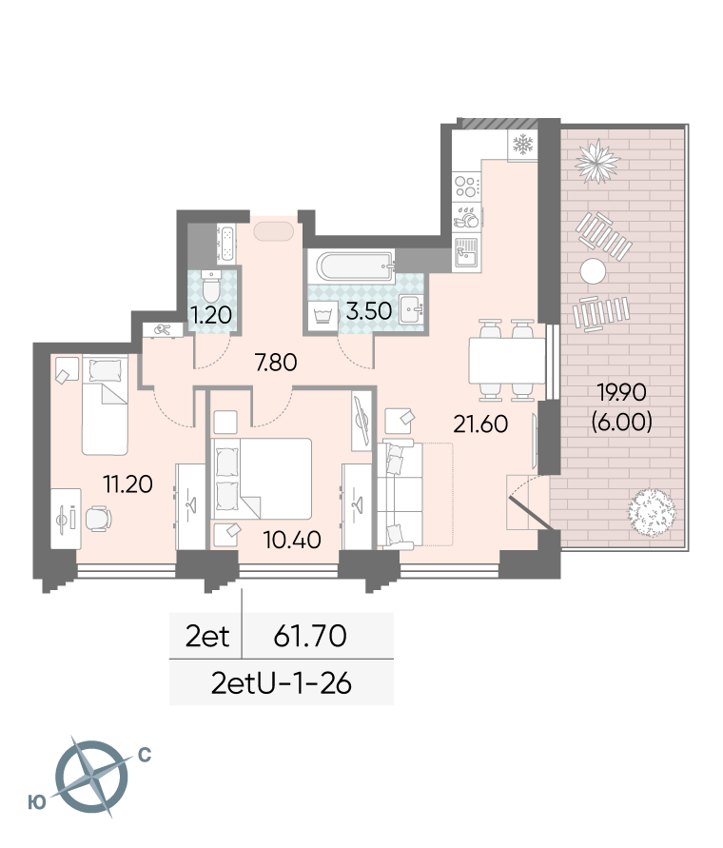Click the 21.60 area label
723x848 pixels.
[x=480, y=424]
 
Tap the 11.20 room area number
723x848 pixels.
[x=127, y=484]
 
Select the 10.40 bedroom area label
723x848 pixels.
[x=292, y=540]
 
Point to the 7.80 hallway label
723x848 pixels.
[x=276, y=363]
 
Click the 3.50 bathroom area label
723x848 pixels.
[x=369, y=311]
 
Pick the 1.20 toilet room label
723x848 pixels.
[x=211, y=314]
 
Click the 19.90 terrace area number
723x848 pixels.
[x=621, y=392]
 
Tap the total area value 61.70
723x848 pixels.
[x=310, y=636]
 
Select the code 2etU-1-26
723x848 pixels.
[x=282, y=683]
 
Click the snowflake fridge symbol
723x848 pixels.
[x=522, y=145]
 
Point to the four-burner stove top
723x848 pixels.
[x=467, y=186]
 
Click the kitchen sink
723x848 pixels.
[x=466, y=252]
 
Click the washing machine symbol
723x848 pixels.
[x=322, y=314]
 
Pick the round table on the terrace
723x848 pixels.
[x=594, y=271]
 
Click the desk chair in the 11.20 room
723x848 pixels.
[x=98, y=518]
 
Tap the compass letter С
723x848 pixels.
[x=145, y=755]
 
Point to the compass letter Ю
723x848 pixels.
[x=37, y=802]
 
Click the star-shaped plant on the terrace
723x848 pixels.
[x=597, y=161]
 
